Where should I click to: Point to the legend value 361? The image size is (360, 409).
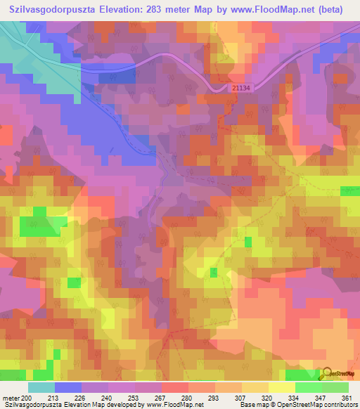tap(344, 397)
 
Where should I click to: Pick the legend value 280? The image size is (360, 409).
tap(184, 397)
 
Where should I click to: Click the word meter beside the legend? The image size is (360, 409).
tap(11, 397)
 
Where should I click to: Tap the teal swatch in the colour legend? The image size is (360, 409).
tap(41, 387)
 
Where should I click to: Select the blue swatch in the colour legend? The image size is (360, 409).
tap(67, 387)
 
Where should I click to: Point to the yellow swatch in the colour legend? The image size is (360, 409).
tap(281, 387)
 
